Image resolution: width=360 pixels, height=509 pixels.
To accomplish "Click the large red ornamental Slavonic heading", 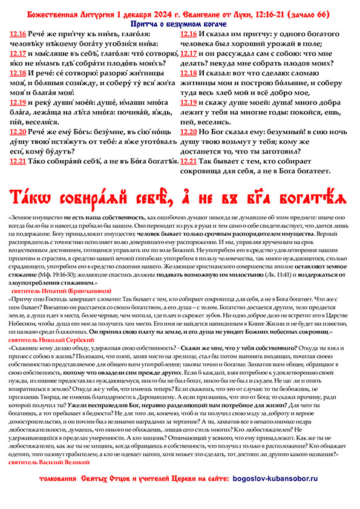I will tap(180, 197).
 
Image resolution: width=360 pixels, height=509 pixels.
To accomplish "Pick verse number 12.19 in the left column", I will tap(19, 102).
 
